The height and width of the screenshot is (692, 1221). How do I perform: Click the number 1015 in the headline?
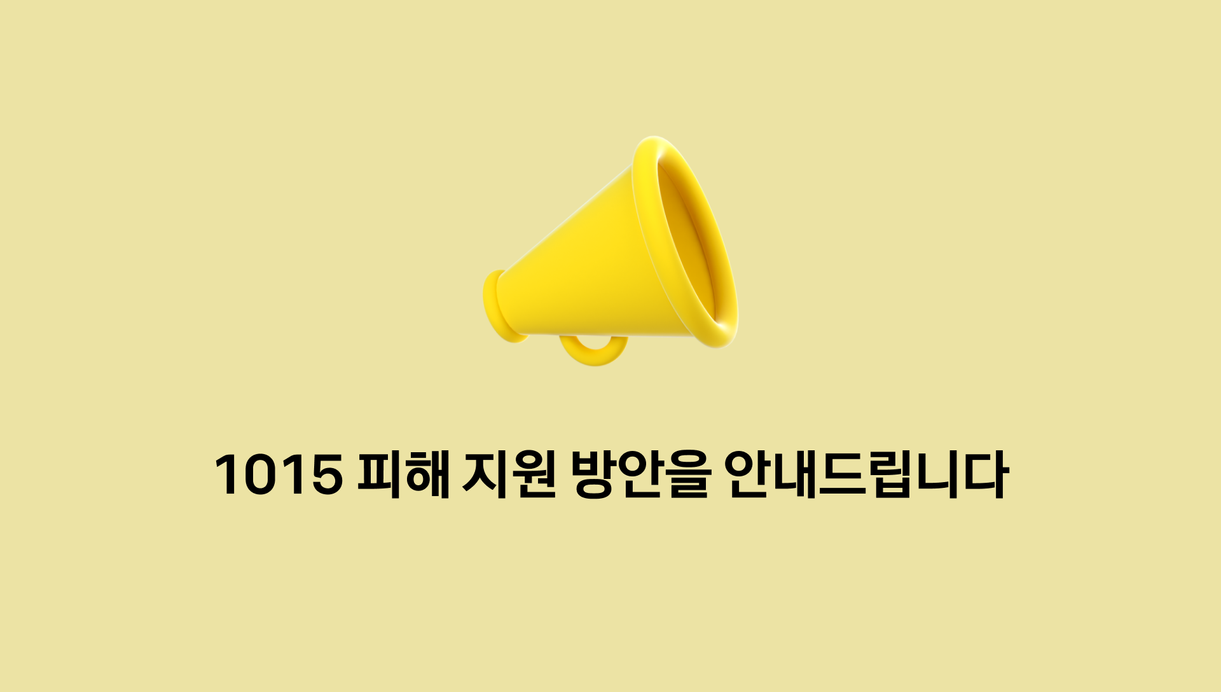click(278, 474)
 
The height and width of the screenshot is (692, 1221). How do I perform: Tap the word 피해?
click(403, 474)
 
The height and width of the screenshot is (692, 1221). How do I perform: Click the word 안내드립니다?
click(866, 474)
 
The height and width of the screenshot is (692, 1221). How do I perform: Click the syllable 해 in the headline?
click(427, 474)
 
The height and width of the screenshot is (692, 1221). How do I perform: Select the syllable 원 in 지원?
click(533, 474)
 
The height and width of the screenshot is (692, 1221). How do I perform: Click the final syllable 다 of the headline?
click(985, 474)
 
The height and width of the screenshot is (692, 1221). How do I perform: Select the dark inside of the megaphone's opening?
click(690, 242)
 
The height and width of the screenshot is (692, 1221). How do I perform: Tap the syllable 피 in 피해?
click(379, 474)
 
